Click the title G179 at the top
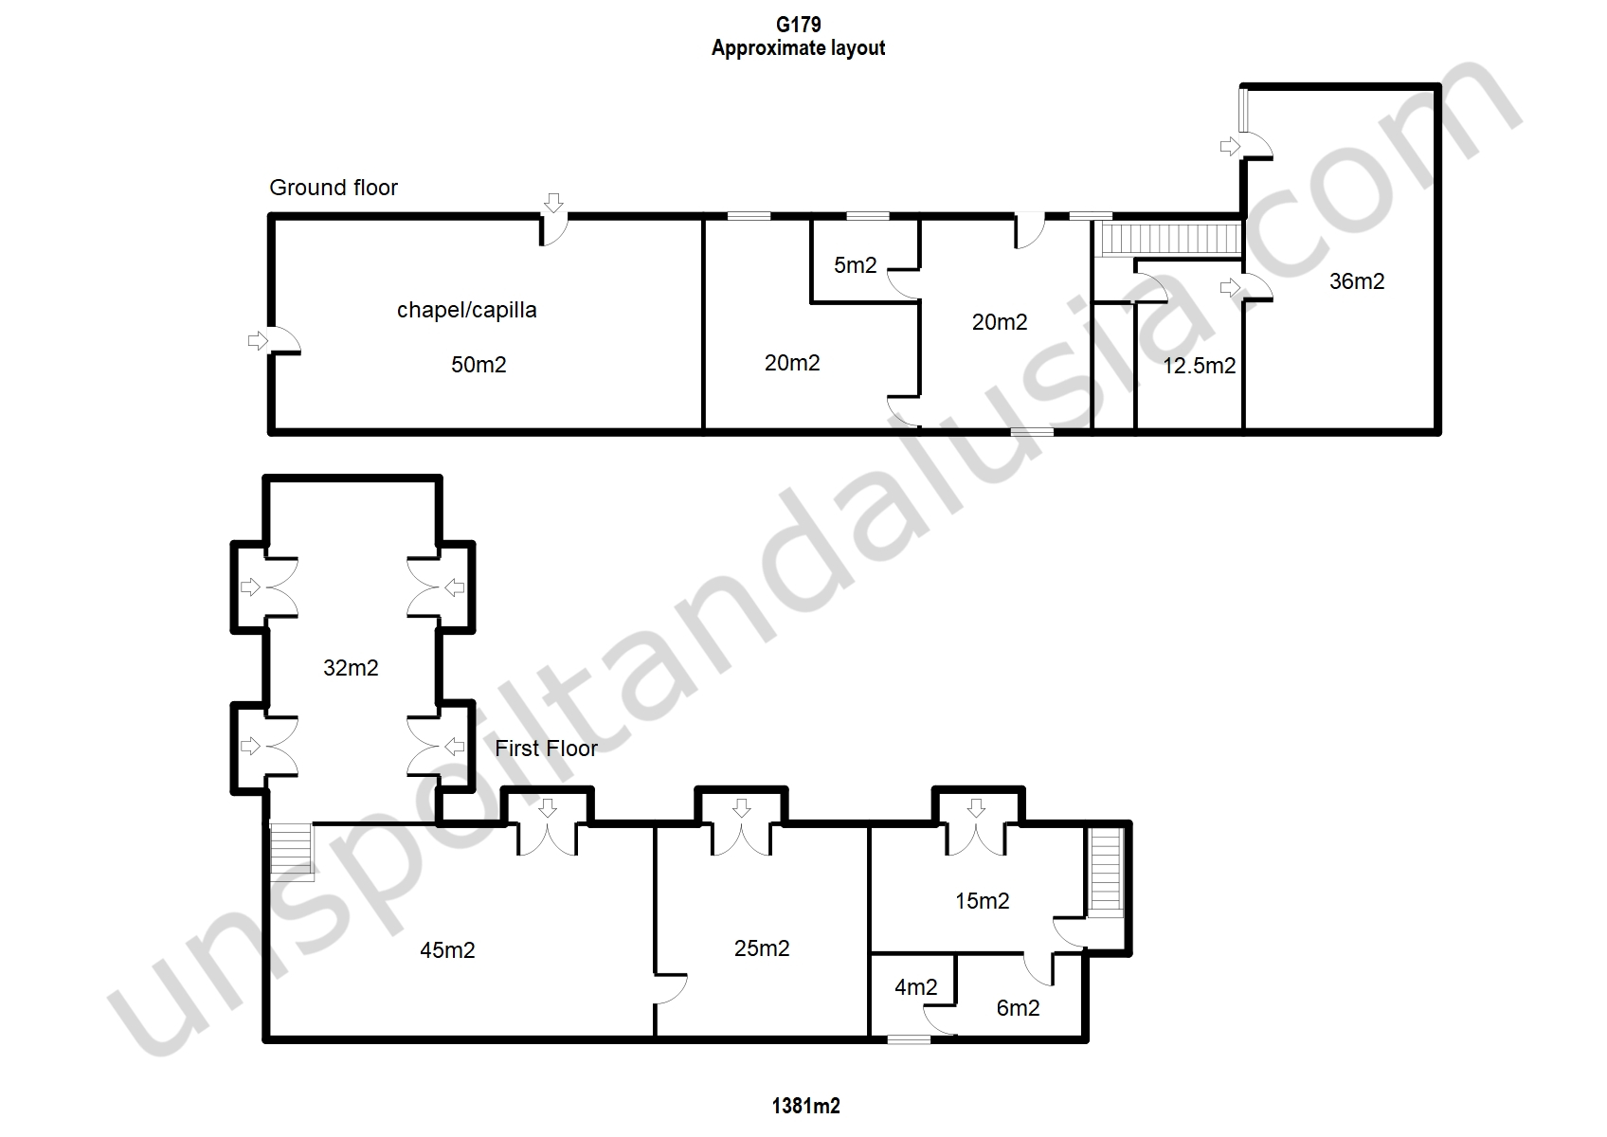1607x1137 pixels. [798, 25]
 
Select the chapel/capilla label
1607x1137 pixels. [466, 310]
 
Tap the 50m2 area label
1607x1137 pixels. [478, 365]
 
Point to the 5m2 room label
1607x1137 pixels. [856, 265]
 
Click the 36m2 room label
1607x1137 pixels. [1357, 281]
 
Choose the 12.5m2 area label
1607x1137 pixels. [1199, 366]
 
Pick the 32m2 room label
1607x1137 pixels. [351, 668]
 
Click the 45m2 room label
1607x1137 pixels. [447, 950]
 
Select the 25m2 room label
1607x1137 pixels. [762, 948]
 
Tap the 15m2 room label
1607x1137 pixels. [983, 901]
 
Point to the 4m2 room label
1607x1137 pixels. [916, 988]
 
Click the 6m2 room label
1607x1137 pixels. [1018, 1008]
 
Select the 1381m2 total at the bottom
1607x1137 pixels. [805, 1106]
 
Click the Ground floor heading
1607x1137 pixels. [333, 188]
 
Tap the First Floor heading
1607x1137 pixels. [546, 749]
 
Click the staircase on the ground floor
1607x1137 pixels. [1171, 239]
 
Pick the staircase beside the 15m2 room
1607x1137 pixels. [1106, 872]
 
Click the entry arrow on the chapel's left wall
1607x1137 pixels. [258, 340]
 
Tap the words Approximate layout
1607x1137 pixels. [798, 48]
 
